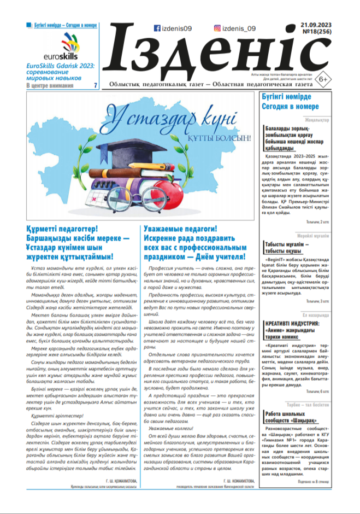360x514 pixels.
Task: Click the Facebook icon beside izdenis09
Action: [x=157, y=28]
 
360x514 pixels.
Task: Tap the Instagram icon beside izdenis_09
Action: [x=217, y=28]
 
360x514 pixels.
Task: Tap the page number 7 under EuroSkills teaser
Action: [x=96, y=85]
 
